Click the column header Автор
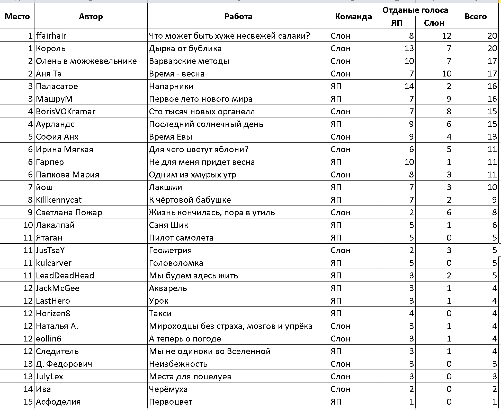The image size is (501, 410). pyautogui.click(x=91, y=16)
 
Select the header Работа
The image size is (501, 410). pyautogui.click(x=238, y=16)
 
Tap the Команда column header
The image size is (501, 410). pyautogui.click(x=353, y=16)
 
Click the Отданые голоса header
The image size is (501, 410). pyautogui.click(x=415, y=10)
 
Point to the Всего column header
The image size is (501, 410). pyautogui.click(x=476, y=16)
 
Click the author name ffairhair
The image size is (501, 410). pyautogui.click(x=51, y=36)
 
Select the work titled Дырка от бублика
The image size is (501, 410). pyautogui.click(x=185, y=48)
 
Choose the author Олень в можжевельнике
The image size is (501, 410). pyautogui.click(x=86, y=61)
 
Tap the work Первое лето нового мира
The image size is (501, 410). pyautogui.click(x=201, y=99)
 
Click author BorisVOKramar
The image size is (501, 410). pyautogui.click(x=66, y=112)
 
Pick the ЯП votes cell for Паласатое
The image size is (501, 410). pyautogui.click(x=409, y=86)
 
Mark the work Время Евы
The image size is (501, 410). pyautogui.click(x=171, y=137)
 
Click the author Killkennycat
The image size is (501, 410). pyautogui.click(x=59, y=200)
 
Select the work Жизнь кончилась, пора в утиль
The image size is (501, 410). pyautogui.click(x=212, y=212)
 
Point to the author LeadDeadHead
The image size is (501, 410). pyautogui.click(x=65, y=276)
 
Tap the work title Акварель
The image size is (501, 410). pyautogui.click(x=168, y=288)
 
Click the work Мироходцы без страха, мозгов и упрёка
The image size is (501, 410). pyautogui.click(x=231, y=326)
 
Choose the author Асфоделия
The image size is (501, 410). pyautogui.click(x=58, y=402)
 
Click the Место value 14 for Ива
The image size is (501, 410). pyautogui.click(x=28, y=389)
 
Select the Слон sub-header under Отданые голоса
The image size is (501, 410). pyautogui.click(x=434, y=23)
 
